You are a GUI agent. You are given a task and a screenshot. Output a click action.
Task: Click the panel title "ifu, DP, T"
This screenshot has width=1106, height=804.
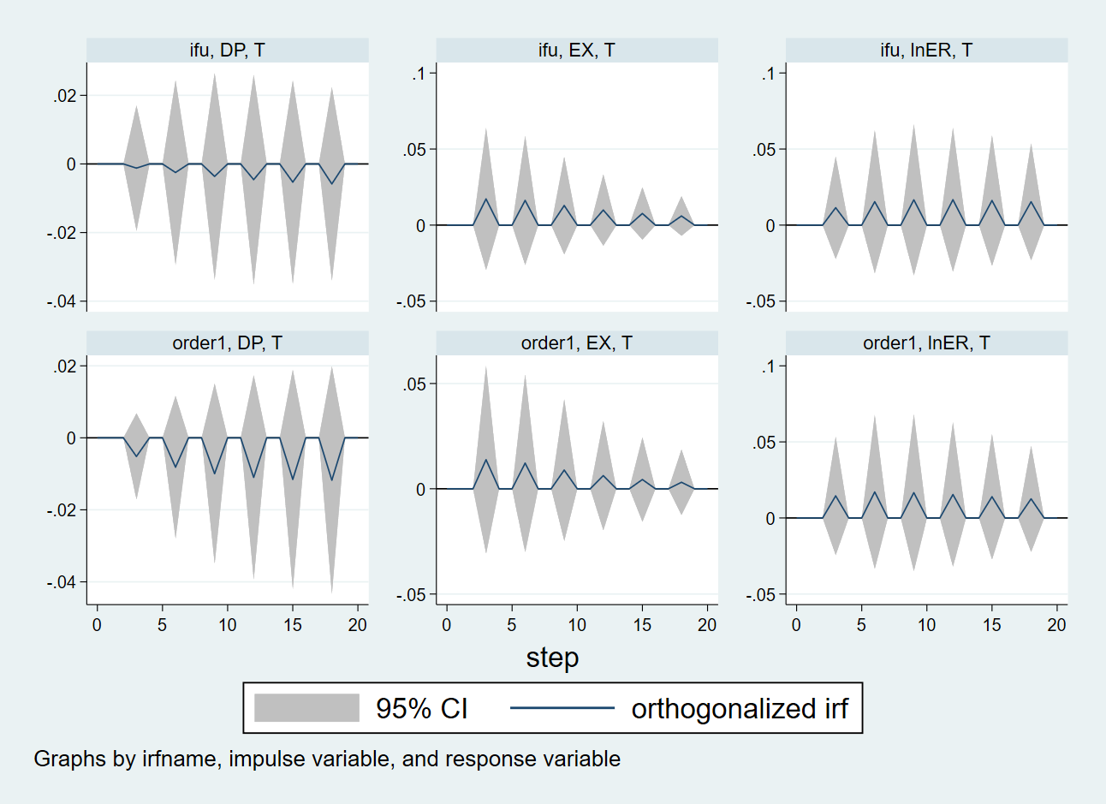227,51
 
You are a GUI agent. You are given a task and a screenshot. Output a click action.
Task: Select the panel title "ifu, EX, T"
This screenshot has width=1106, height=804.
576,51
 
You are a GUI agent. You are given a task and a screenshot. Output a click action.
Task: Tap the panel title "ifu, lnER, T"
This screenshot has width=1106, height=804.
926,51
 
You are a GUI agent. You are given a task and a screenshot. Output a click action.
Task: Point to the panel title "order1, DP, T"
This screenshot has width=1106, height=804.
227,343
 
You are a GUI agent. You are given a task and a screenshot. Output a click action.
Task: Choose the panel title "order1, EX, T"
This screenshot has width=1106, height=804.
576,343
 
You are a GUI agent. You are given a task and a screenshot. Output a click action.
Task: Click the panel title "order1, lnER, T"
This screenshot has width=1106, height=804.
926,343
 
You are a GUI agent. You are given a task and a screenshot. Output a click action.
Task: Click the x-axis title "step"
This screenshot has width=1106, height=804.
552,658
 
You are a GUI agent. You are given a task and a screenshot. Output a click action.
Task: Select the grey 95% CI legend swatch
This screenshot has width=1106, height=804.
306,708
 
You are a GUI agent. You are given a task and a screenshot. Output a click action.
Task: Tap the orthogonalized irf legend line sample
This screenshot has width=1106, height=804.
562,708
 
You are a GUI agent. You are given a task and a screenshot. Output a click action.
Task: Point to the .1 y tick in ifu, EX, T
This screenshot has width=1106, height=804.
419,74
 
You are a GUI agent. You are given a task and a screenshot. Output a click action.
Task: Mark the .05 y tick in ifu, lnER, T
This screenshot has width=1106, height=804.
764,150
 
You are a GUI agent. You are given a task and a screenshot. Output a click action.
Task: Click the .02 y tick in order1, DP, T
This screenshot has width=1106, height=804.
65,366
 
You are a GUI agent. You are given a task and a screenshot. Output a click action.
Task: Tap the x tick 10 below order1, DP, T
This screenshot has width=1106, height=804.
228,625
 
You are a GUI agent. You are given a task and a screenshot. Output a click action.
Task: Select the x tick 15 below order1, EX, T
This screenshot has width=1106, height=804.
642,625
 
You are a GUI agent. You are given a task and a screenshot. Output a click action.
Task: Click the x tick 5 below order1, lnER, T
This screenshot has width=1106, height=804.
861,625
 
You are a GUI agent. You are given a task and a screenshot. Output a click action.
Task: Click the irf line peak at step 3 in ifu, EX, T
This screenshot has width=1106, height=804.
485,200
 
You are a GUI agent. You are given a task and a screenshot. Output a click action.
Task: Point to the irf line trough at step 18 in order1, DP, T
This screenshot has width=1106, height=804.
332,480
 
